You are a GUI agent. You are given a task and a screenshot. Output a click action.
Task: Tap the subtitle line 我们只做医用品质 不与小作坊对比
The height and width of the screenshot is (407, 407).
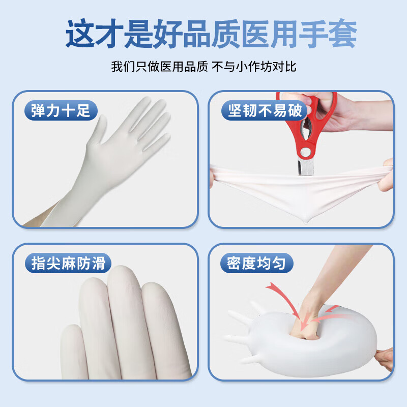coord(203,67)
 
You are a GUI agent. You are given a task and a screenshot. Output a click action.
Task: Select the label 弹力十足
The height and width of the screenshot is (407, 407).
coord(61,110)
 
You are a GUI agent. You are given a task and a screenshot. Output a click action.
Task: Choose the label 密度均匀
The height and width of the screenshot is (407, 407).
coord(257,263)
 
